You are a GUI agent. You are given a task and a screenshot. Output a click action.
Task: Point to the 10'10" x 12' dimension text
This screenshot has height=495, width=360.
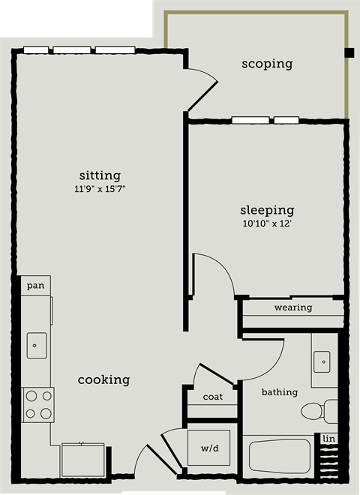pyautogui.click(x=266, y=223)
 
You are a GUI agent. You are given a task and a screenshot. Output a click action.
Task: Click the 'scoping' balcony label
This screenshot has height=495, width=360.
pyautogui.click(x=266, y=64)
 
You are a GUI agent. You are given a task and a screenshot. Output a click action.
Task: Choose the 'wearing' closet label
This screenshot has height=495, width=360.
pyautogui.click(x=292, y=307)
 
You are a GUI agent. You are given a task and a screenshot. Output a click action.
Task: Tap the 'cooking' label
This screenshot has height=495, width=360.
pyautogui.click(x=103, y=380)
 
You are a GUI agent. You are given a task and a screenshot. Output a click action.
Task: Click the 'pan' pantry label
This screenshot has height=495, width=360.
pyautogui.click(x=34, y=286)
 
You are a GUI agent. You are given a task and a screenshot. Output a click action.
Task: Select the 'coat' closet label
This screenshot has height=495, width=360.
pyautogui.click(x=212, y=397)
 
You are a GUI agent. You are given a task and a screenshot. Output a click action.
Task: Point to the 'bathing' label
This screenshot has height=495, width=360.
pyautogui.click(x=279, y=391)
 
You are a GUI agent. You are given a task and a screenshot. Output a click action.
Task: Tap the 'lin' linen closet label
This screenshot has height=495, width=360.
pyautogui.click(x=328, y=439)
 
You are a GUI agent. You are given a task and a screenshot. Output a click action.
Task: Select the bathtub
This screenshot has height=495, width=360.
pyautogui.click(x=279, y=455)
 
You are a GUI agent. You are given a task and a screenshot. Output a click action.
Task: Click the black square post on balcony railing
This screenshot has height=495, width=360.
pyautogui.click(x=349, y=52)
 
